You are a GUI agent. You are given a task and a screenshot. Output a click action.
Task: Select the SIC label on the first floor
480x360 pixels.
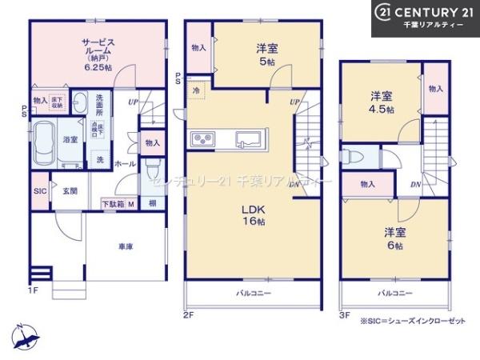coord(40,192)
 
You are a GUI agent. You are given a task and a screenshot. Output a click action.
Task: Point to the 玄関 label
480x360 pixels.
coord(70,191)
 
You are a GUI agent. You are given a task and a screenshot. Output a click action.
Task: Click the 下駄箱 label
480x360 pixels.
coord(113,204)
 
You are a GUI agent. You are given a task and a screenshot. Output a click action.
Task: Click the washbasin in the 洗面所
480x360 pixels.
coord(81,102)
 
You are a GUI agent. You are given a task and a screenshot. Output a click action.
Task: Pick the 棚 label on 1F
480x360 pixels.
coord(151,204)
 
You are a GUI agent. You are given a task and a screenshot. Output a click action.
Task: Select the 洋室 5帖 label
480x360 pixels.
coord(267,53)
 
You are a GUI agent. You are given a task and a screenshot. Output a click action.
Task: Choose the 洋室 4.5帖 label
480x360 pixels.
coord(382,102)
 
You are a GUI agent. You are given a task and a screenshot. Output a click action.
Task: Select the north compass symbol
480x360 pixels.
coord(26,337)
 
